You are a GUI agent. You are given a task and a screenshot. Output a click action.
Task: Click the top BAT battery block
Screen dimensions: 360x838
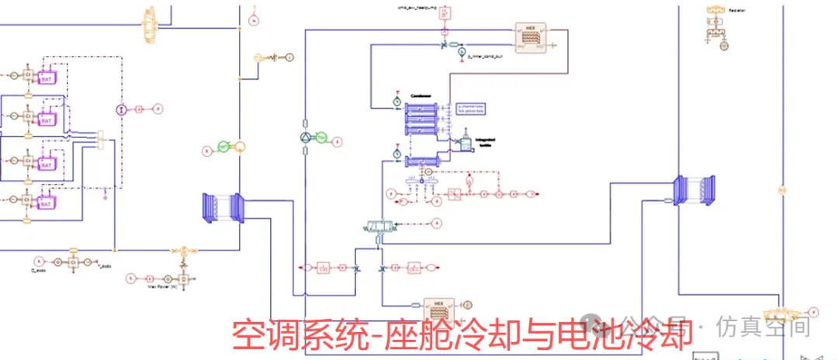point(46,78)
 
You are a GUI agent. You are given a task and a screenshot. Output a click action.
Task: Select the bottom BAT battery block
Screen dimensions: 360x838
point(46,203)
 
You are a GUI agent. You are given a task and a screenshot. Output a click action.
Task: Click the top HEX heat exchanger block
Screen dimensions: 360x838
point(532,36)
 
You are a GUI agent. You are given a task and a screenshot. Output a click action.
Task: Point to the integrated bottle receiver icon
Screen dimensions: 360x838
point(466,143)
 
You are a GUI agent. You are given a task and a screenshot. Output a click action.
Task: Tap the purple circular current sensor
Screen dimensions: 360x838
point(121,110)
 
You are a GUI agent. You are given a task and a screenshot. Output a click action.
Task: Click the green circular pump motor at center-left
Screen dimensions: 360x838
point(224,146)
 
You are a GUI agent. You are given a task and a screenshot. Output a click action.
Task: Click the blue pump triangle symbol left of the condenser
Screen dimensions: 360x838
point(305,137)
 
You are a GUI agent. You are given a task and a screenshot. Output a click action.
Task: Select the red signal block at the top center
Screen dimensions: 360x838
point(445,12)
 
